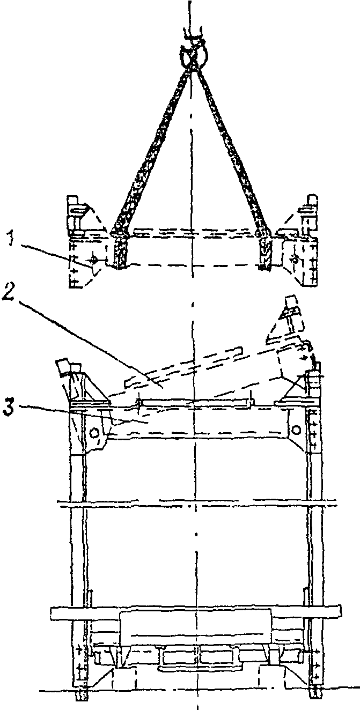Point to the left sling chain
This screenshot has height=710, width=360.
tap(150, 145)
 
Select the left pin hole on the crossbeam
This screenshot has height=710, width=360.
tap(94, 432)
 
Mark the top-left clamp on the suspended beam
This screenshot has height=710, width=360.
tap(75, 215)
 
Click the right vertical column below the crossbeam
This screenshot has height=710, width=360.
tap(314, 536)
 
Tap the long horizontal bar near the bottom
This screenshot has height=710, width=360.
tap(196, 611)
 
